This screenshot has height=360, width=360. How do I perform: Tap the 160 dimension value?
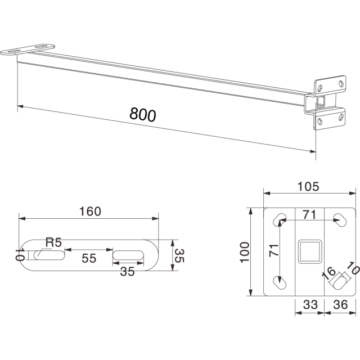point(90,211)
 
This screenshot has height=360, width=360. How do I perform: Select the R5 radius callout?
point(54,242)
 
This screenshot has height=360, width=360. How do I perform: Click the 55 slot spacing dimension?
point(89,258)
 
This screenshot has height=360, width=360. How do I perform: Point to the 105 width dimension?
point(308,187)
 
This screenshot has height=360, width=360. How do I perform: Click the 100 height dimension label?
point(245,252)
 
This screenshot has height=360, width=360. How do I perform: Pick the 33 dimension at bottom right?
point(310,305)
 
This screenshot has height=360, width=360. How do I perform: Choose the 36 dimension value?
point(340,305)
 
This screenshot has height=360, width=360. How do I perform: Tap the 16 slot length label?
point(329,274)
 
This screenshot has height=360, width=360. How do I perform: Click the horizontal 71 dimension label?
point(309,215)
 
